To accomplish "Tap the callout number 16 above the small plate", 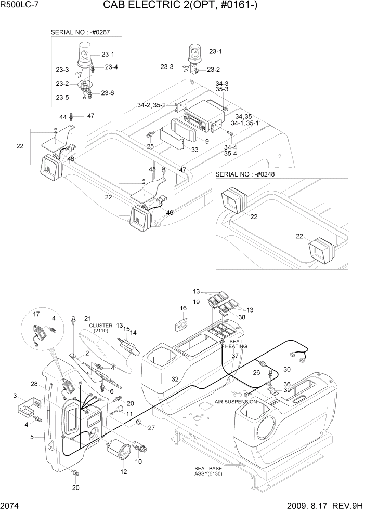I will tap(182, 309).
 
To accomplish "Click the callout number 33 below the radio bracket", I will tap(195, 150).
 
